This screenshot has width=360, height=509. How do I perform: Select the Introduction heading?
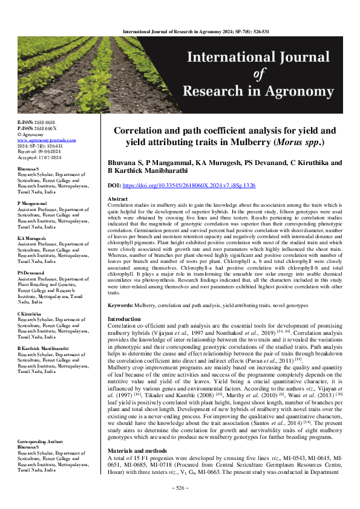(x=123, y=319)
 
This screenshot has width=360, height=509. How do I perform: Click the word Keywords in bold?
(x=123, y=306)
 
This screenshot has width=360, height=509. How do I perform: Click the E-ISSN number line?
(x=36, y=122)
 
